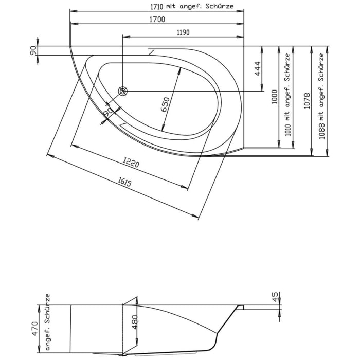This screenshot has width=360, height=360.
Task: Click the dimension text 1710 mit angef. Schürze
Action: click(x=189, y=6)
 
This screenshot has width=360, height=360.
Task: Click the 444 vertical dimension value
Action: click(x=258, y=68)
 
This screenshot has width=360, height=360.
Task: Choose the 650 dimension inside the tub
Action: click(x=165, y=104)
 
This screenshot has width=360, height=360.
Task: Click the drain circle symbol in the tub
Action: click(x=123, y=91)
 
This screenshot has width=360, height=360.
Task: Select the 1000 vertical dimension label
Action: click(x=275, y=96)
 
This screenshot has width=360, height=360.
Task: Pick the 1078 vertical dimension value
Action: click(x=307, y=100)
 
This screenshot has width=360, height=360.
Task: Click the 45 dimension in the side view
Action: click(x=276, y=297)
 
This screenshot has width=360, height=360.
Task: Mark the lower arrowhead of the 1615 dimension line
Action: click(x=197, y=218)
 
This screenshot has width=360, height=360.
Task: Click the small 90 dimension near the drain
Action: click(x=107, y=111)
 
